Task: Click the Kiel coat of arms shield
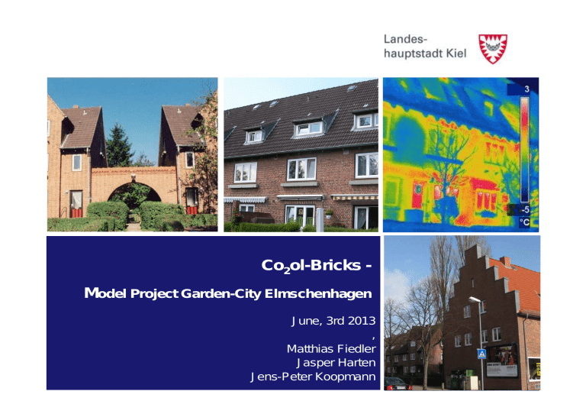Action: (493, 49)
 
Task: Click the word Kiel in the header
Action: (456, 53)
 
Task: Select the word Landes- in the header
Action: (405, 39)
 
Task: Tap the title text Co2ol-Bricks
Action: (311, 266)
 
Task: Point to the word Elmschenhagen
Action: (318, 294)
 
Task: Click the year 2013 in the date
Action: (362, 321)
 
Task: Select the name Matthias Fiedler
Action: (331, 348)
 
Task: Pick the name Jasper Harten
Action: (336, 362)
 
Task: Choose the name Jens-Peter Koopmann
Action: (313, 377)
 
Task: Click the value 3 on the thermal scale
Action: (526, 89)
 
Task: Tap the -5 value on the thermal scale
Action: (525, 209)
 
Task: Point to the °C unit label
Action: (524, 222)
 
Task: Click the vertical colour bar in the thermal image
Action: (525, 150)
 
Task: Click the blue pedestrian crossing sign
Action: (481, 354)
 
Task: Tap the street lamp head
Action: (475, 299)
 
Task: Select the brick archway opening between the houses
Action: (134, 196)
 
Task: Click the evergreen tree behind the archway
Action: (119, 146)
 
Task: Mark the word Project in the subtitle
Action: (154, 294)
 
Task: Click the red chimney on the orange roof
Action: (505, 261)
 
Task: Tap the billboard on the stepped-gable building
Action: (502, 360)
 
